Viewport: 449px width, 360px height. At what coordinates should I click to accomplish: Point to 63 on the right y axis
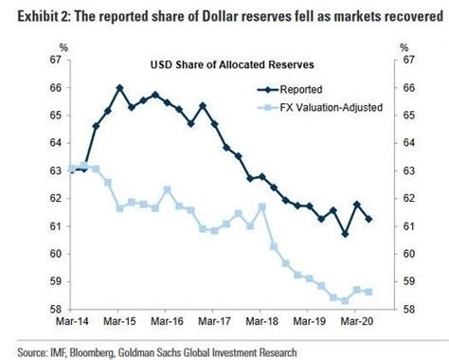coord(408,171)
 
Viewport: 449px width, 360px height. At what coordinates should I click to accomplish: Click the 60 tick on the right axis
coord(408,255)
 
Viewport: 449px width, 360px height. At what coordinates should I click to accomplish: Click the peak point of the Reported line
coord(120,88)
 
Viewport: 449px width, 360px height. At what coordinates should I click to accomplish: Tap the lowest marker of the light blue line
coord(345,300)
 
